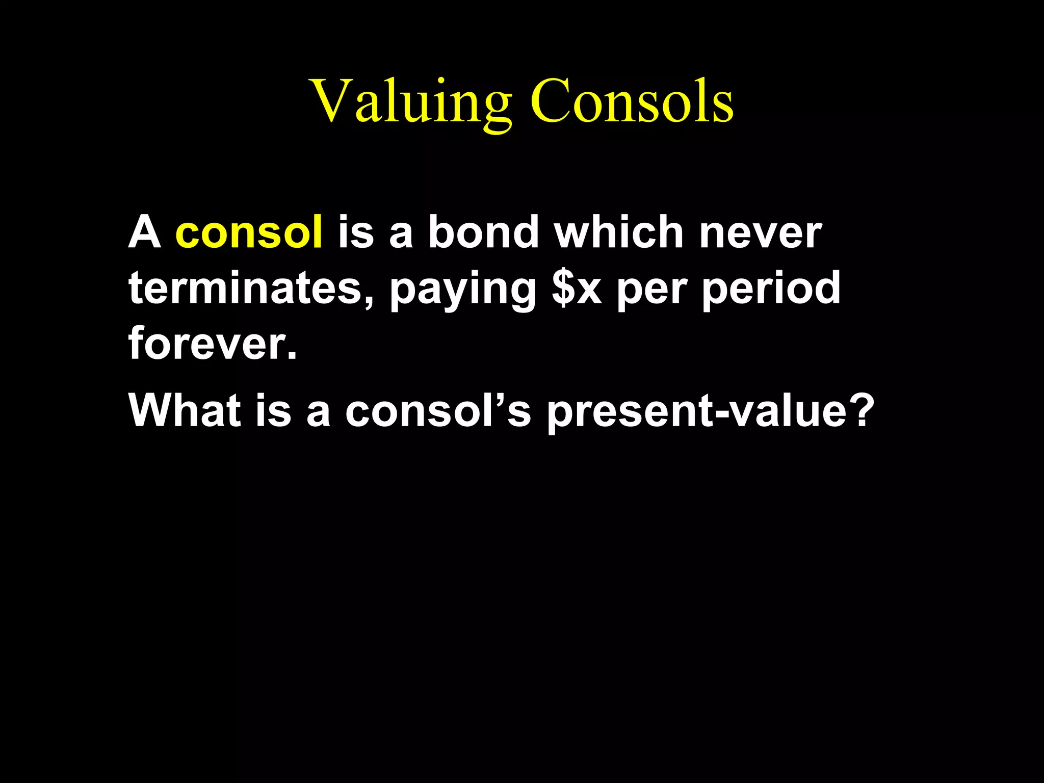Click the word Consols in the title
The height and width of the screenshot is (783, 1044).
(632, 102)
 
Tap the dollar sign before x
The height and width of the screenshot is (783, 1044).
(563, 289)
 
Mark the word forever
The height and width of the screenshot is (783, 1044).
(207, 344)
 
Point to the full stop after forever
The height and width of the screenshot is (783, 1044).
(292, 356)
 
